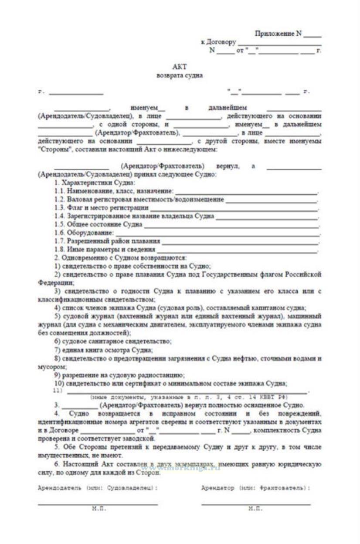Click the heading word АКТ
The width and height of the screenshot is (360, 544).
tap(179, 67)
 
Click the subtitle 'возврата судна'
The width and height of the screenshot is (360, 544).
tap(179, 75)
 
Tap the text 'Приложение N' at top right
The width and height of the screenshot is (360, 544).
tap(278, 34)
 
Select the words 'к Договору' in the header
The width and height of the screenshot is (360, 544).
tap(218, 42)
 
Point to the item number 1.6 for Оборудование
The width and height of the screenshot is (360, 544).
tap(59, 233)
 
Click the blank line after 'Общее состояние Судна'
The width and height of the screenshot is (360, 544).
tap(231, 225)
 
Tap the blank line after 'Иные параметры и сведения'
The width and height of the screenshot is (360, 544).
tap(237, 250)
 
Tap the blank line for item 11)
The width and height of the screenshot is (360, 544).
tap(187, 392)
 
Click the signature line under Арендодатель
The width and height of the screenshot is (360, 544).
tap(98, 503)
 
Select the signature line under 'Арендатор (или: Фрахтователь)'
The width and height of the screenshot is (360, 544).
tap(256, 503)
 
